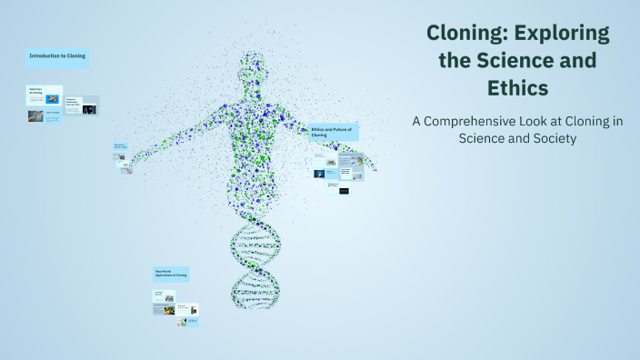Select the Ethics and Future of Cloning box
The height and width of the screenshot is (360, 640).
click(334, 133)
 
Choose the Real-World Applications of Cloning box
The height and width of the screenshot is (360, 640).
click(171, 273)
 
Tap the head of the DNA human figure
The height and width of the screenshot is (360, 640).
click(255, 69)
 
